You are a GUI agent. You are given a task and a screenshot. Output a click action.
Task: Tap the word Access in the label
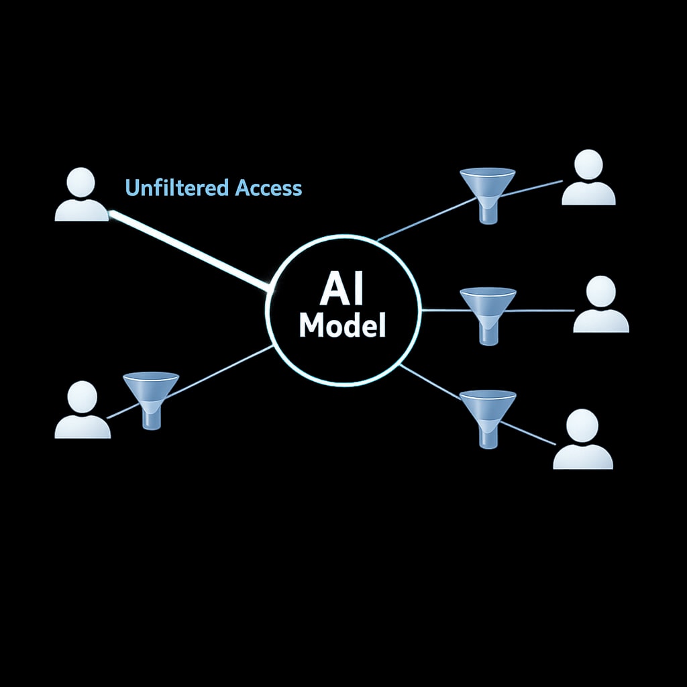click(x=268, y=188)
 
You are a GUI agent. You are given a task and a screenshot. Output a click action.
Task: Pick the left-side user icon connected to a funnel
click(x=82, y=411)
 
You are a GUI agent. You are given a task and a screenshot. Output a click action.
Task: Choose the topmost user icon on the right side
click(x=588, y=178)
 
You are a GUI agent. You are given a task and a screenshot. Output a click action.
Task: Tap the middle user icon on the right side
click(x=600, y=305)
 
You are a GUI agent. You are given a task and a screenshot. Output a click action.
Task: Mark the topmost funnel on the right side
click(x=488, y=191)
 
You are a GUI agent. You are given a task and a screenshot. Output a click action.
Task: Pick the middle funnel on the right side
click(x=488, y=312)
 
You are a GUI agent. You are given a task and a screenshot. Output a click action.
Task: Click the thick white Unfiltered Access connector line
click(x=188, y=251)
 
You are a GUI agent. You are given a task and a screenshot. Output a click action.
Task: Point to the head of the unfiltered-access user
click(x=81, y=182)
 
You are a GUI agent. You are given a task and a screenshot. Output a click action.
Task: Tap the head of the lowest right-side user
click(x=582, y=425)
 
